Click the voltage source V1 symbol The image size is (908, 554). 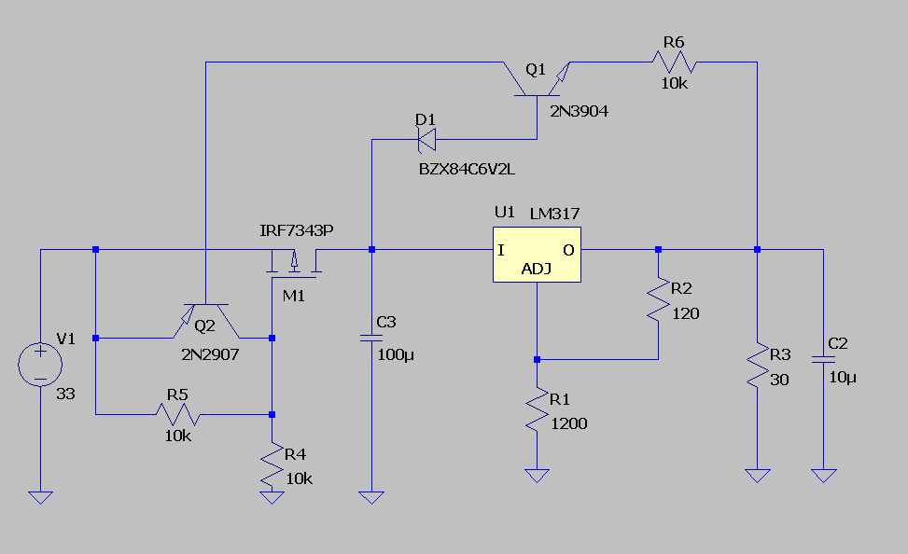pyautogui.click(x=40, y=364)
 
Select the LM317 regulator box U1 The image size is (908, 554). pyautogui.click(x=537, y=255)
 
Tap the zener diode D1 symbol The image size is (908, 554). pyautogui.click(x=427, y=140)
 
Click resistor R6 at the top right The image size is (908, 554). pyautogui.click(x=674, y=62)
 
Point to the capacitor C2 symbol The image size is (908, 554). pyautogui.click(x=823, y=359)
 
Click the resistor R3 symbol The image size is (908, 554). pyautogui.click(x=757, y=366)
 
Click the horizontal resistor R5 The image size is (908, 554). pyautogui.click(x=177, y=413)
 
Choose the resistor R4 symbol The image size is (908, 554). pyautogui.click(x=272, y=464)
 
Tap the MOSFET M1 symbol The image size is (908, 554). pyautogui.click(x=295, y=265)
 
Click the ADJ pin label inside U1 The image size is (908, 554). pyautogui.click(x=536, y=270)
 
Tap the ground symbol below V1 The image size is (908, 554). pyautogui.click(x=40, y=496)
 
